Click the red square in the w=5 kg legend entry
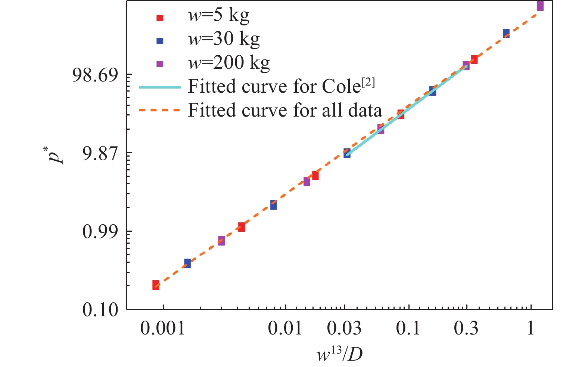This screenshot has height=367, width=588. [160, 18]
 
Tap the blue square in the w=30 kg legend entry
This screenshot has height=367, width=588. [160, 41]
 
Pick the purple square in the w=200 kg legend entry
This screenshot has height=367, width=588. [160, 64]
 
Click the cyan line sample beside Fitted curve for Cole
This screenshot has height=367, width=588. [160, 87]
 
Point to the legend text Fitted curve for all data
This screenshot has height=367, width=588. [285, 111]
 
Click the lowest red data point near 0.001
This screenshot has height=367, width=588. [156, 285]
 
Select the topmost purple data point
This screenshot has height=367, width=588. [540, 6]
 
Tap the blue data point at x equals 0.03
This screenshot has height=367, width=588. [347, 153]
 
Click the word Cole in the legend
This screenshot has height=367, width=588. [341, 87]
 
